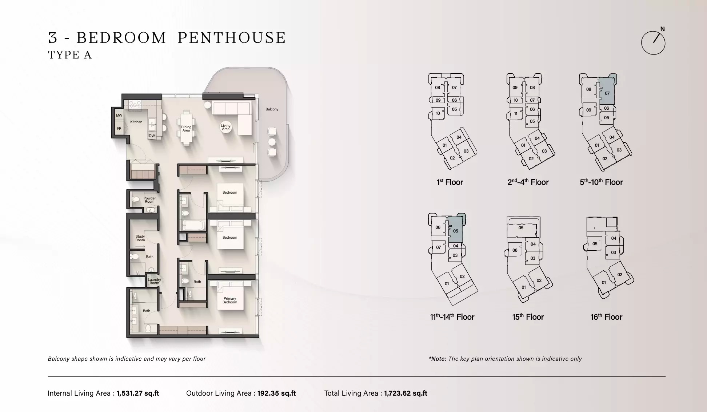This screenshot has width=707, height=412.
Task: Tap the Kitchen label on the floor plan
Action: tap(136, 122)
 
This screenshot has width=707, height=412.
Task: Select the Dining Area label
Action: tap(186, 129)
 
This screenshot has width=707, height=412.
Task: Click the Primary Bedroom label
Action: tap(230, 300)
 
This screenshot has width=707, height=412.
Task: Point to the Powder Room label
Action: tap(149, 200)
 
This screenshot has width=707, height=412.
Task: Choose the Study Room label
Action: tap(140, 238)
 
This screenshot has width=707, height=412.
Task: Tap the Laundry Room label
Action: tap(154, 281)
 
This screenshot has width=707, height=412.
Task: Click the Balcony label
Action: tap(272, 109)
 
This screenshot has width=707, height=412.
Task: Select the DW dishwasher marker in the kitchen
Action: tap(152, 136)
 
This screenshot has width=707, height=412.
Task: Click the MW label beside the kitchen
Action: tap(119, 116)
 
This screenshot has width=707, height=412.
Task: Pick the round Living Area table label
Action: tap(225, 127)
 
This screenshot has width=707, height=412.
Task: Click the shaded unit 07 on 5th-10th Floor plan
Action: tap(607, 93)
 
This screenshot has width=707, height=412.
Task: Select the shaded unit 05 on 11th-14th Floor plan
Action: tap(455, 231)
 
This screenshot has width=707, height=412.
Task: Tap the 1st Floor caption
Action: tap(450, 182)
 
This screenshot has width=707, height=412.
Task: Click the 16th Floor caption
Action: tap(606, 317)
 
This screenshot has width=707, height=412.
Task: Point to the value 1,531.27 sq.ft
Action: tap(138, 393)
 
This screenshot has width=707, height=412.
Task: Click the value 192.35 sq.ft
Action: tap(276, 393)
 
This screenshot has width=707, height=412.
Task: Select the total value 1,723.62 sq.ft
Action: tap(406, 393)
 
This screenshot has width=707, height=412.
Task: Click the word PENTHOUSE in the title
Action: tap(232, 38)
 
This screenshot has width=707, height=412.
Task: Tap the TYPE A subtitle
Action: tap(70, 55)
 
